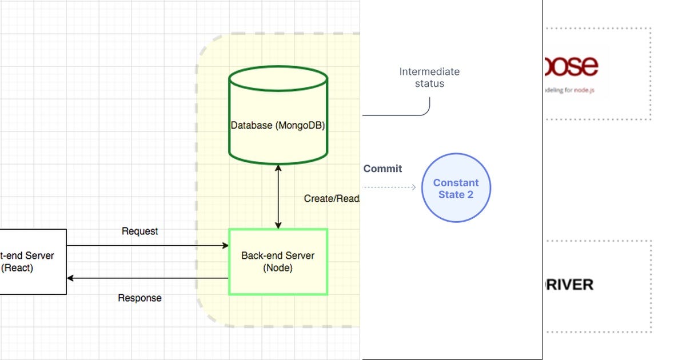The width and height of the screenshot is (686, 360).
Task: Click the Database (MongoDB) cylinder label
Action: tap(278, 125)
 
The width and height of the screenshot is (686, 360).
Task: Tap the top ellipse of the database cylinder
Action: tap(278, 79)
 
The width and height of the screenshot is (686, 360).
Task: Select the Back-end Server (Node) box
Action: tap(278, 262)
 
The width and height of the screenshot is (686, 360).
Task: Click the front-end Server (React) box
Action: tap(32, 262)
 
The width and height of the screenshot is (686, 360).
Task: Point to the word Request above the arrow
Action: tap(139, 231)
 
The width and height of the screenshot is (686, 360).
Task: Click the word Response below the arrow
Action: tap(139, 298)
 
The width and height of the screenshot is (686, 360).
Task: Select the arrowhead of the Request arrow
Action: tap(225, 246)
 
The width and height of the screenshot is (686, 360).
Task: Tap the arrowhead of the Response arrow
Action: tap(70, 278)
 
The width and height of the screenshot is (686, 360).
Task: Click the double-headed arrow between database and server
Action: tap(278, 197)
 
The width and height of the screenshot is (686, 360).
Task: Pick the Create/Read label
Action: tap(332, 199)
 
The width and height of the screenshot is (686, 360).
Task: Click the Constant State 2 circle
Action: tap(456, 187)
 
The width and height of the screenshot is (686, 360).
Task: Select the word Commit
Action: tap(382, 169)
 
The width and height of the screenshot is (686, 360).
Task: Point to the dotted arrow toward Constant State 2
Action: tap(389, 187)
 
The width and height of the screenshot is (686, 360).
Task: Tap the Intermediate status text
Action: tap(429, 77)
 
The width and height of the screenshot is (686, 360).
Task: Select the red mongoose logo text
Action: tap(571, 66)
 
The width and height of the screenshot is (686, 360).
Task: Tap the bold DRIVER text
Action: tap(568, 285)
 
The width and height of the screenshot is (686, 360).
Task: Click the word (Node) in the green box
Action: tap(278, 268)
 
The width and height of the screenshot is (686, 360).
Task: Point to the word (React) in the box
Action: tap(17, 267)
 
